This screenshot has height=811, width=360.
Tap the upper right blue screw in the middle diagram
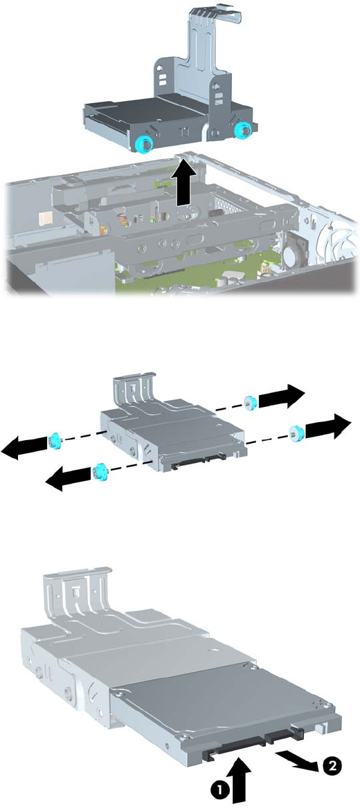pyautogui.click(x=251, y=401)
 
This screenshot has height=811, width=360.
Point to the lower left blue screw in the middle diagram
pyautogui.click(x=98, y=471)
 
